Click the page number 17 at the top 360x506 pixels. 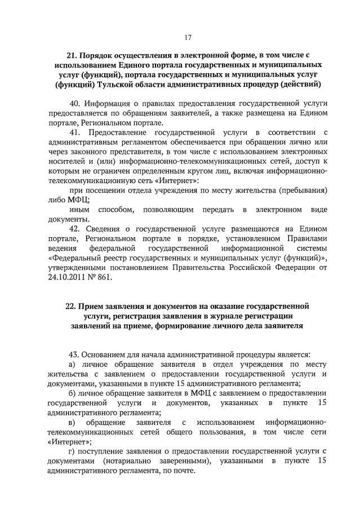(188, 37)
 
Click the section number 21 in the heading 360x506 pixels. (72, 56)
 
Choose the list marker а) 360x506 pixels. (73, 365)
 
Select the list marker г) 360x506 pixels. (72, 451)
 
